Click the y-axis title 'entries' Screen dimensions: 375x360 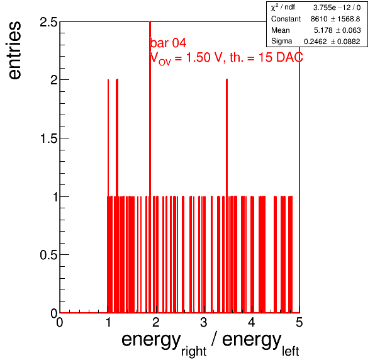pyautogui.click(x=15, y=50)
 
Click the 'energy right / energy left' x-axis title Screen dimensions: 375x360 pyautogui.click(x=210, y=343)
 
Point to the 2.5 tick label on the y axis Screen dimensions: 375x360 pyautogui.click(x=48, y=22)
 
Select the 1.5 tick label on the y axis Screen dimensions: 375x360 pyautogui.click(x=48, y=138)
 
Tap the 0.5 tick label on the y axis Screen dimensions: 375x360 pyautogui.click(x=48, y=255)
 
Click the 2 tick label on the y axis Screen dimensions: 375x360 pyautogui.click(x=54, y=80)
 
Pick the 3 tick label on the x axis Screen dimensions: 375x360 pyautogui.click(x=203, y=322)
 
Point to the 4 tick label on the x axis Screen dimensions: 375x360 pyautogui.click(x=252, y=322)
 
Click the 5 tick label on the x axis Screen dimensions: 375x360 pyautogui.click(x=299, y=322)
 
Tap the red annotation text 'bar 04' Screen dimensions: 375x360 pyautogui.click(x=168, y=43)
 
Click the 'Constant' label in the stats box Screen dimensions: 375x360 pyautogui.click(x=286, y=19)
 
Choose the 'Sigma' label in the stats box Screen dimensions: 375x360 pyautogui.click(x=281, y=41)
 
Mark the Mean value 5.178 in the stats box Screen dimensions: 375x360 pyautogui.click(x=323, y=30)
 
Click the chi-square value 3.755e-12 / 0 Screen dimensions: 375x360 pyautogui.click(x=337, y=8)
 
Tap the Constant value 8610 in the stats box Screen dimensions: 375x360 pyautogui.click(x=318, y=19)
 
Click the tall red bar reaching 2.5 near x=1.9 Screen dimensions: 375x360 pyautogui.click(x=150, y=167)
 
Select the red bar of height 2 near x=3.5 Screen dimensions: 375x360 pyautogui.click(x=227, y=196)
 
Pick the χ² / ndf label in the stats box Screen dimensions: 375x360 pyautogui.click(x=283, y=7)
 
